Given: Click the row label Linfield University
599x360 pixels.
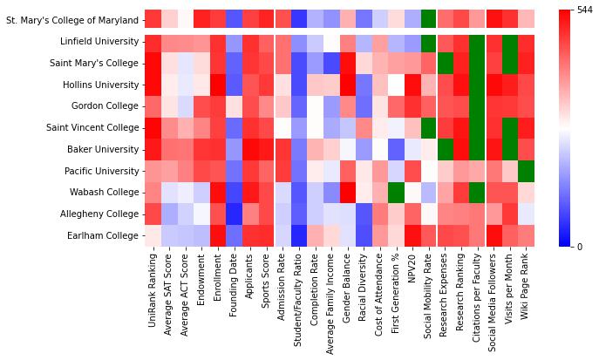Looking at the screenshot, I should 99,42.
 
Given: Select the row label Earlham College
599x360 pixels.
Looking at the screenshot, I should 102,235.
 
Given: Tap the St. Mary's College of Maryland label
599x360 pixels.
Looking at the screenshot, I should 71,18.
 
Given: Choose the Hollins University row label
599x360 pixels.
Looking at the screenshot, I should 100,85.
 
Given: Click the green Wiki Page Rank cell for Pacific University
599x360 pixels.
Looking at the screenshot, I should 526,171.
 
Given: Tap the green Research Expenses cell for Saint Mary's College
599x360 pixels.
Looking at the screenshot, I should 445,63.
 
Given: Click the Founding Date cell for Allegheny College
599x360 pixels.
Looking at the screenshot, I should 234,214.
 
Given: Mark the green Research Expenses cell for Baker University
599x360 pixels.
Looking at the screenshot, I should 445,149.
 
